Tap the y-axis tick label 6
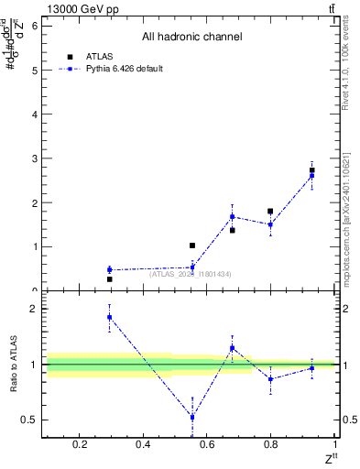click(x=34, y=26)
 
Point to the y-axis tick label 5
click(x=34, y=70)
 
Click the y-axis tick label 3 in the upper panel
click(x=34, y=158)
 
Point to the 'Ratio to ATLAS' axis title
click(x=13, y=364)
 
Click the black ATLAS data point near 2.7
click(x=312, y=170)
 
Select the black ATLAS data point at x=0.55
click(x=192, y=245)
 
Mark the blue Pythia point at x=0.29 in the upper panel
click(x=109, y=269)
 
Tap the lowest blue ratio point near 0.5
click(x=192, y=417)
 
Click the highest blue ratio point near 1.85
click(x=109, y=317)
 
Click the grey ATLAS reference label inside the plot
click(x=191, y=274)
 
